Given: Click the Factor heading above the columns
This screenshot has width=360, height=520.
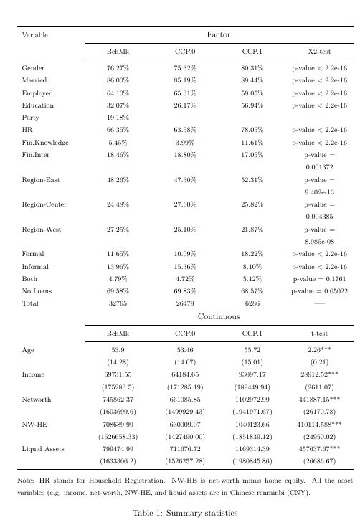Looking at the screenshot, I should (219, 34).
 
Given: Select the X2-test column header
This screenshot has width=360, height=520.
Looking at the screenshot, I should (319, 52).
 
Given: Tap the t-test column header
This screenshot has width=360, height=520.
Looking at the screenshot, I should (319, 334).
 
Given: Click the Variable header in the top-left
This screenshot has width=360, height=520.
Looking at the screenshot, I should (35, 34).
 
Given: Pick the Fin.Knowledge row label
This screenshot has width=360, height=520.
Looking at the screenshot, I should (45, 143).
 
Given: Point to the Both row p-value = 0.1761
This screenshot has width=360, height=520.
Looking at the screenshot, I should (319, 279).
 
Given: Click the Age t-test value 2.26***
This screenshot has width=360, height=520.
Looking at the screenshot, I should (319, 350).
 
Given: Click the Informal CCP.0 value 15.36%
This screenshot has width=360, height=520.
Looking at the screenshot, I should (185, 267).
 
